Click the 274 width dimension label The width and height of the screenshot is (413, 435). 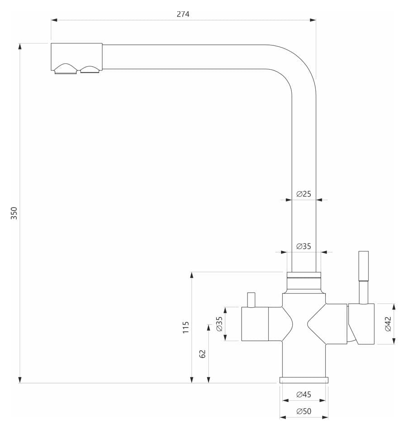pyautogui.click(x=183, y=14)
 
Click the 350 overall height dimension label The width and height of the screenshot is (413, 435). pyautogui.click(x=14, y=213)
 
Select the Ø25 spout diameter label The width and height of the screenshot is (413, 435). pyautogui.click(x=304, y=193)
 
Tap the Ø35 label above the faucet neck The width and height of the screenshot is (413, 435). pyautogui.click(x=304, y=246)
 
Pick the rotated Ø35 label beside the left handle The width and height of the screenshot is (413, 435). pyautogui.click(x=219, y=324)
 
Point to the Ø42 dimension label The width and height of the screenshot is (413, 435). pyautogui.click(x=388, y=324)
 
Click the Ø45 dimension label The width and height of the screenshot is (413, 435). pyautogui.click(x=304, y=394)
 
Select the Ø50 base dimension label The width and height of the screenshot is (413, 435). pyautogui.click(x=304, y=411)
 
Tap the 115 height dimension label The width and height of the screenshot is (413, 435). pyautogui.click(x=185, y=327)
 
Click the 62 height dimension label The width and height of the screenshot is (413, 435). pyautogui.click(x=203, y=354)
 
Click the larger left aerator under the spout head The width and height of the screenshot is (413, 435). pyautogui.click(x=66, y=69)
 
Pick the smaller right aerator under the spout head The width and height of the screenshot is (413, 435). pyautogui.click(x=90, y=69)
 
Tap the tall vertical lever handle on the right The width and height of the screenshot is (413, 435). pyautogui.click(x=363, y=277)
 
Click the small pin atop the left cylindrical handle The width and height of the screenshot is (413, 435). pyautogui.click(x=251, y=300)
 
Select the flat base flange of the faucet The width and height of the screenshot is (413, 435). pyautogui.click(x=304, y=380)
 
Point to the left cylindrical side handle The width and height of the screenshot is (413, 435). pyautogui.click(x=255, y=324)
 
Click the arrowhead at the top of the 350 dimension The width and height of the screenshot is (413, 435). pyautogui.click(x=19, y=46)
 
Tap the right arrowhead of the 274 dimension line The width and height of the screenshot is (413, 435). pyautogui.click(x=313, y=20)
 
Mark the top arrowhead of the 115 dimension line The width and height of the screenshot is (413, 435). pyautogui.click(x=192, y=275)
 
